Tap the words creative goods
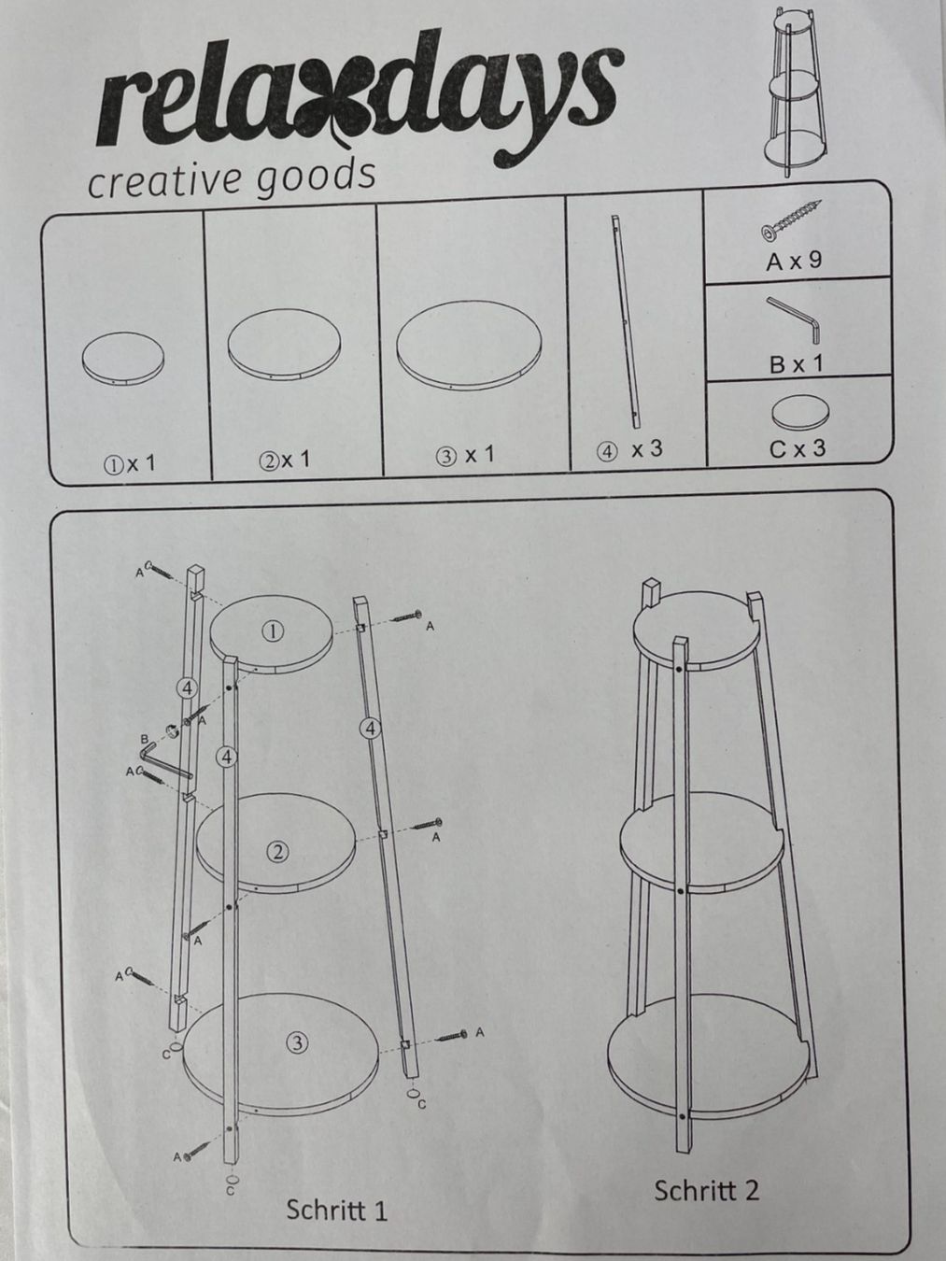click(232, 179)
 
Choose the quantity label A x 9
click(795, 262)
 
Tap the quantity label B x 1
click(796, 362)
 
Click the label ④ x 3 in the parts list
click(628, 450)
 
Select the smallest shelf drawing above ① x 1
click(123, 359)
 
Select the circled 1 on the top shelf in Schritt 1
click(273, 632)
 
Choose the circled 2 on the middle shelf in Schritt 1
click(277, 851)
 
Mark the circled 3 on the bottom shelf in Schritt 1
click(297, 1042)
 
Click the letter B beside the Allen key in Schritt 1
click(145, 738)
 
